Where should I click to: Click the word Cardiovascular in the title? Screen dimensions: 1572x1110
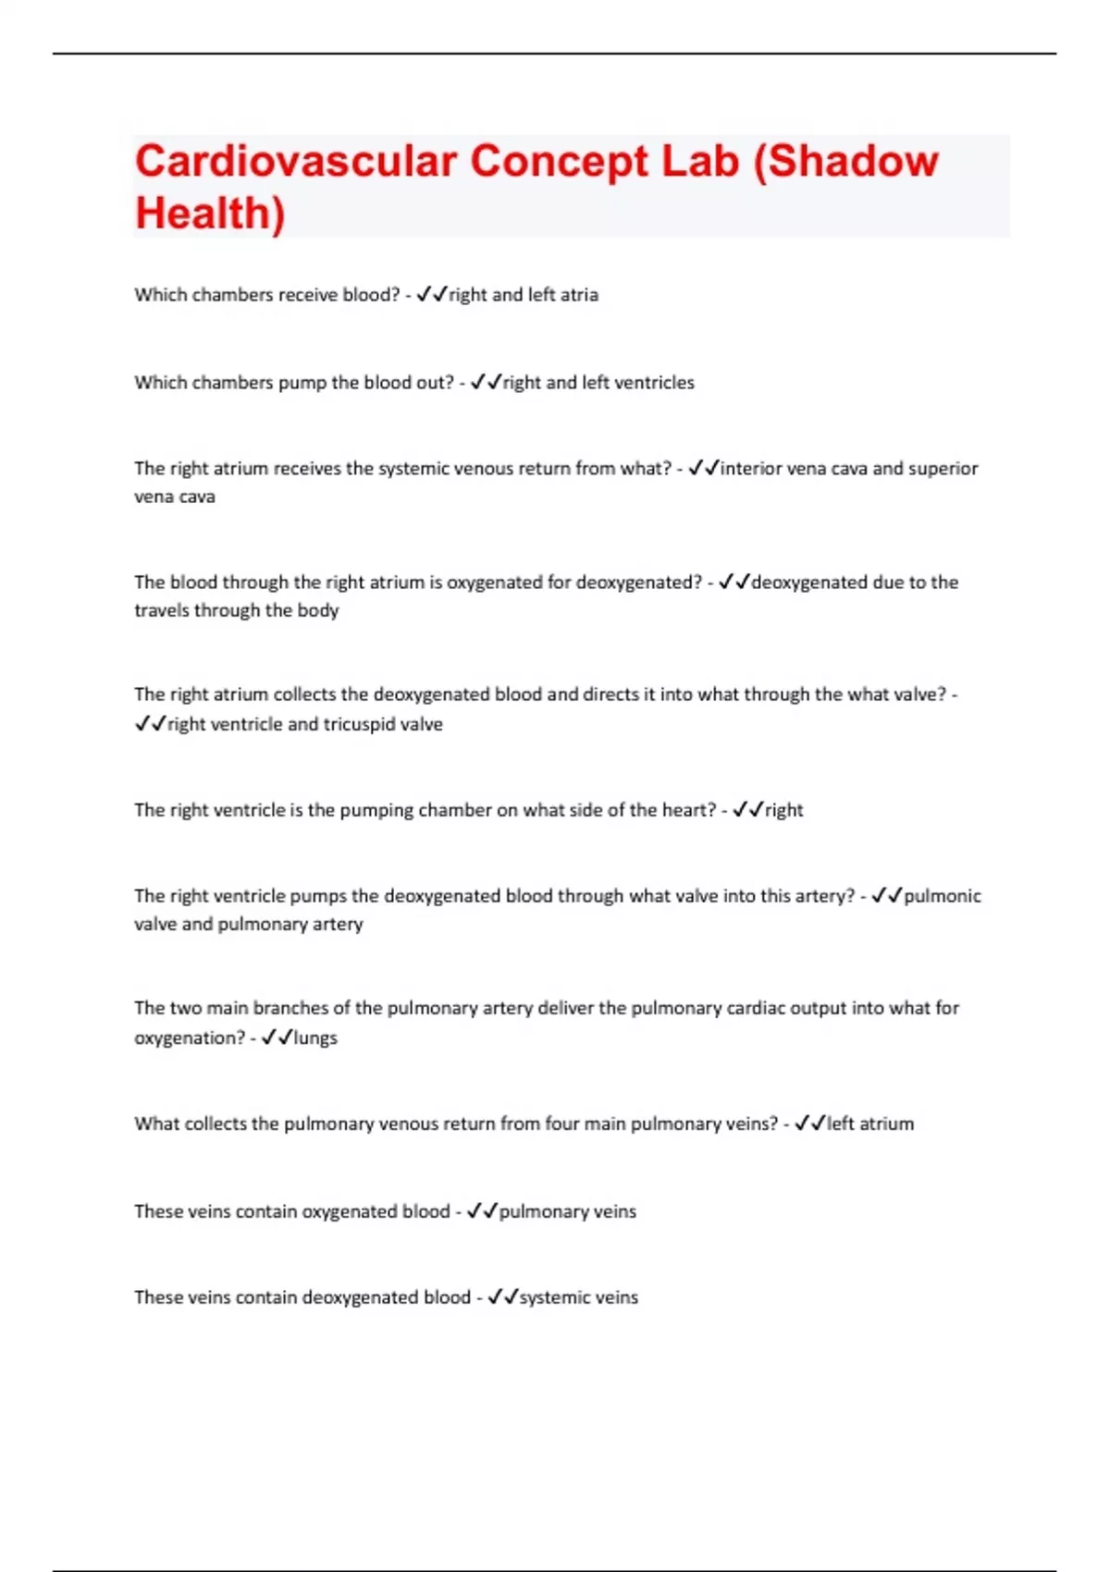pyautogui.click(x=296, y=162)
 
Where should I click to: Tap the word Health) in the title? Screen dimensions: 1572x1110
pyautogui.click(x=210, y=214)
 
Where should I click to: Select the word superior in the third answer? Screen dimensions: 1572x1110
pyautogui.click(x=943, y=469)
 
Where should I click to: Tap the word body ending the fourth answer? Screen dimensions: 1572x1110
pyautogui.click(x=318, y=610)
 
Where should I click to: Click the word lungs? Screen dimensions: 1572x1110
pyautogui.click(x=315, y=1038)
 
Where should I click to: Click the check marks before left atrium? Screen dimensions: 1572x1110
pyautogui.click(x=809, y=1124)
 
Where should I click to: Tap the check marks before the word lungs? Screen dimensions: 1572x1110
pyautogui.click(x=277, y=1038)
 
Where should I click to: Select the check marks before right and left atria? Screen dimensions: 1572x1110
pyautogui.click(x=431, y=295)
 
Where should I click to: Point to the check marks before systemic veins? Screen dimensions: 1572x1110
pyautogui.click(x=502, y=1297)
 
